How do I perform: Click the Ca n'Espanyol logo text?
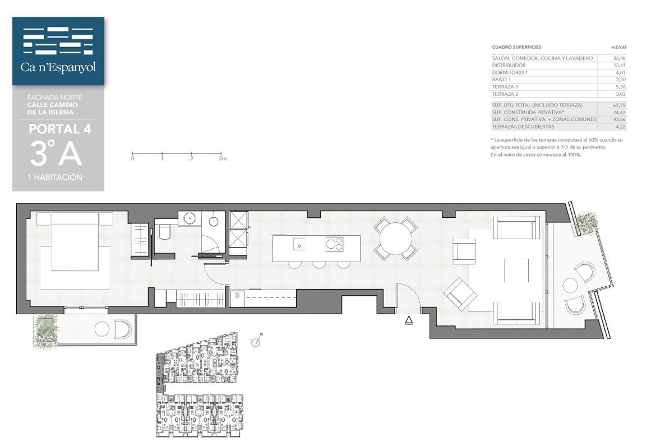pyautogui.click(x=58, y=67)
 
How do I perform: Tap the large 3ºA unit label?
pyautogui.click(x=56, y=153)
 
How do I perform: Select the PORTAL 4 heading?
pyautogui.click(x=60, y=129)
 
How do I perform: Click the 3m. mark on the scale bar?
pyautogui.click(x=223, y=159)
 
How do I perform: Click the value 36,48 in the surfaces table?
pyautogui.click(x=619, y=58)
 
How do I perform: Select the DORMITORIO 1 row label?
pyautogui.click(x=510, y=73)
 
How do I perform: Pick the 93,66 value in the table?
pyautogui.click(x=619, y=119)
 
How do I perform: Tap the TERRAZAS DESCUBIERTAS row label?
pyautogui.click(x=523, y=127)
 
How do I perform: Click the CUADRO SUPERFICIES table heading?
pyautogui.click(x=516, y=47)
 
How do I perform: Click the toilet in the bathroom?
pyautogui.click(x=164, y=232)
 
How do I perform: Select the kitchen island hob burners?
pyautogui.click(x=334, y=244)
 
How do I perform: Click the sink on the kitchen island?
pyautogui.click(x=299, y=244)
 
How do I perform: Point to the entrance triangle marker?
pyautogui.click(x=409, y=320)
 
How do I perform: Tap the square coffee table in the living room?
pyautogui.click(x=516, y=271)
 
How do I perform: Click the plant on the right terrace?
pyautogui.click(x=586, y=223)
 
